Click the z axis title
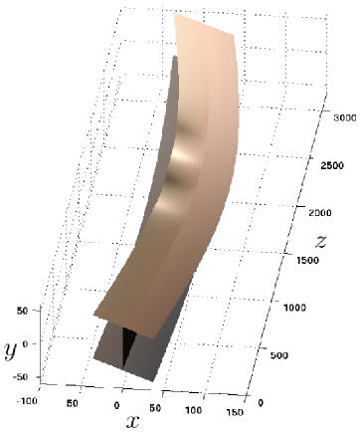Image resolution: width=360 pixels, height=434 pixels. [x=320, y=242]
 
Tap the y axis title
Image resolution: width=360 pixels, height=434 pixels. [x=10, y=351]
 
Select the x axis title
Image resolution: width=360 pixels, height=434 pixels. [x=132, y=422]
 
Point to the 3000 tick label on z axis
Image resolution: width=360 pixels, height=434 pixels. [x=345, y=117]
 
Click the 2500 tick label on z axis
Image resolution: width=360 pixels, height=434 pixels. [x=332, y=165]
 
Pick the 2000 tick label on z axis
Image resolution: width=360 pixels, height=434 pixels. [x=320, y=212]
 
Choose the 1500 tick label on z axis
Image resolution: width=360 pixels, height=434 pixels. [x=307, y=260]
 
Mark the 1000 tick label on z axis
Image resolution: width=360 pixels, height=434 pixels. [x=294, y=308]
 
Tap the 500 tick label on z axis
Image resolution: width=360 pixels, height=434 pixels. [x=279, y=355]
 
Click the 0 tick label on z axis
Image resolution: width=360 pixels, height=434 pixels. [x=261, y=403]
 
